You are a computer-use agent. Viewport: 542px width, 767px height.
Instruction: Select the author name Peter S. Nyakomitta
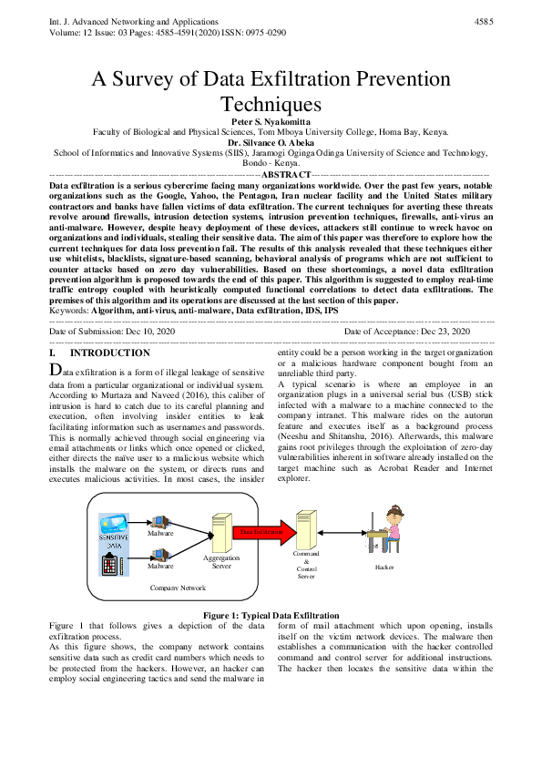point(270,120)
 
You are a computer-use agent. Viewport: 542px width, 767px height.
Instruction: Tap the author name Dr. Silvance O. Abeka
point(271,142)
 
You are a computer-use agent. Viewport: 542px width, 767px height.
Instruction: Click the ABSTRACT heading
point(285,173)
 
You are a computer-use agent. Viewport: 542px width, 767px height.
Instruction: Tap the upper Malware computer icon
point(160,522)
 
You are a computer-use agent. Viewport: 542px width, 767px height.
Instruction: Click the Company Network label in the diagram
point(178,588)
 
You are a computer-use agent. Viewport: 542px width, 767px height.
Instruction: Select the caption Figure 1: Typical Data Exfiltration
point(271,616)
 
